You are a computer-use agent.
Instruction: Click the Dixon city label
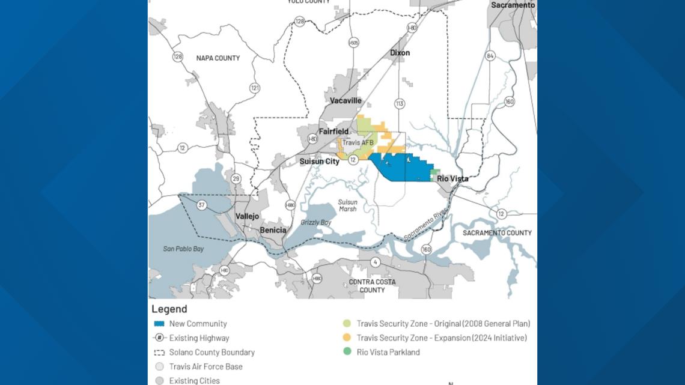(400, 53)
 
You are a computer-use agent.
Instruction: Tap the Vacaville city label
(346, 101)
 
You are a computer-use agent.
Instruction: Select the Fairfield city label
(333, 132)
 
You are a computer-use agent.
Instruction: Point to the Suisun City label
(320, 162)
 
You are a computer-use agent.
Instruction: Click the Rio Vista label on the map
(452, 179)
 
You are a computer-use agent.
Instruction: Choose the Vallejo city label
(247, 216)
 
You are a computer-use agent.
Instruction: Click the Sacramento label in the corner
(513, 5)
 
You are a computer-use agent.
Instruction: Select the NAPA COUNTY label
(218, 58)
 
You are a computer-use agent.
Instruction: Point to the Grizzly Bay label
(316, 223)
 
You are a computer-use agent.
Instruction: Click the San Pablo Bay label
(184, 249)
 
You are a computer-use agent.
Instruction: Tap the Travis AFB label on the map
(358, 143)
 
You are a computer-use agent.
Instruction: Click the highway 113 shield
(399, 104)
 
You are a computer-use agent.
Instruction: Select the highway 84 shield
(490, 56)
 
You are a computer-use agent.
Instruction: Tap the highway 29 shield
(236, 178)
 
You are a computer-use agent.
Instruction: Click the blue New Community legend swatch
(159, 324)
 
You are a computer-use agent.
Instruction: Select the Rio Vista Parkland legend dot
(346, 353)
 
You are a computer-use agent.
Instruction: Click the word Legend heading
(169, 309)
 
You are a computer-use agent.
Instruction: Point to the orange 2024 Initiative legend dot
(346, 338)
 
